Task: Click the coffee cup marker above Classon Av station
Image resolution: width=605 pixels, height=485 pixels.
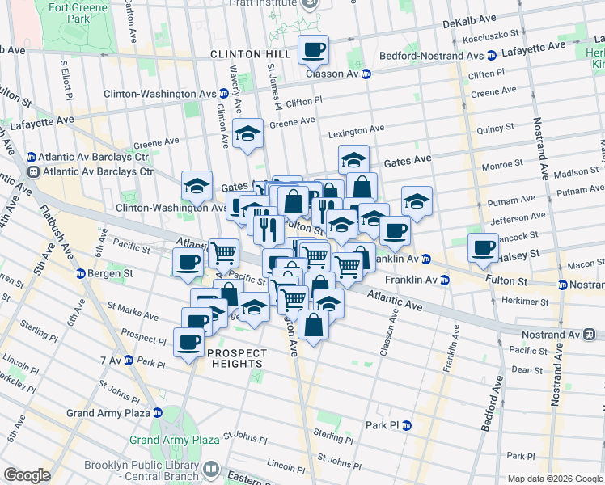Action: point(313,51)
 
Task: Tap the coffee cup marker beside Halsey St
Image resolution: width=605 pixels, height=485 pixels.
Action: point(484,247)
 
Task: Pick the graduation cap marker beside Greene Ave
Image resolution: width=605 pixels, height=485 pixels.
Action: point(248,135)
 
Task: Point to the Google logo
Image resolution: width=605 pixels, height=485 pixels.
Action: point(27,475)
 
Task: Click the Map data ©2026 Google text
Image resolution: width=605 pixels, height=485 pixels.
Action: point(554,479)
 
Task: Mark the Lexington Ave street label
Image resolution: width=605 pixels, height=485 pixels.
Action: point(357,129)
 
